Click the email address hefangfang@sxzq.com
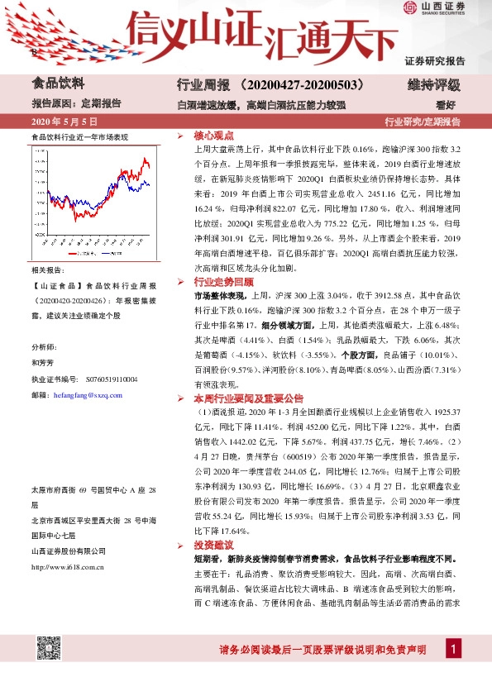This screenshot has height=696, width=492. tap(87, 395)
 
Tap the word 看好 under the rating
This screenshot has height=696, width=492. tap(447, 104)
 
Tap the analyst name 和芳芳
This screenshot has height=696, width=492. tap(43, 363)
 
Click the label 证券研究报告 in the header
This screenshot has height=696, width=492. tap(435, 60)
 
